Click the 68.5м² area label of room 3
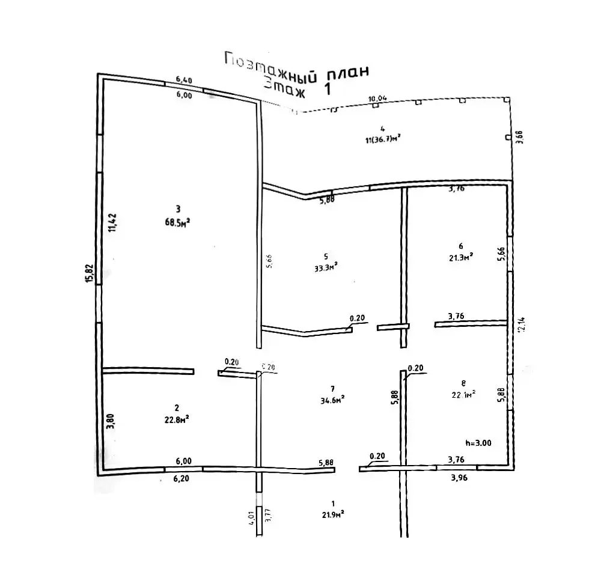point(178,222)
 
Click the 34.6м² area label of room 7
point(333,398)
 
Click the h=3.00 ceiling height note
point(479,442)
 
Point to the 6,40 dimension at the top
point(184,79)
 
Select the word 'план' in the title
point(347,75)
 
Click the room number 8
point(463,382)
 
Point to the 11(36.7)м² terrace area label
point(382,139)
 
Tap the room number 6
point(460,246)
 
